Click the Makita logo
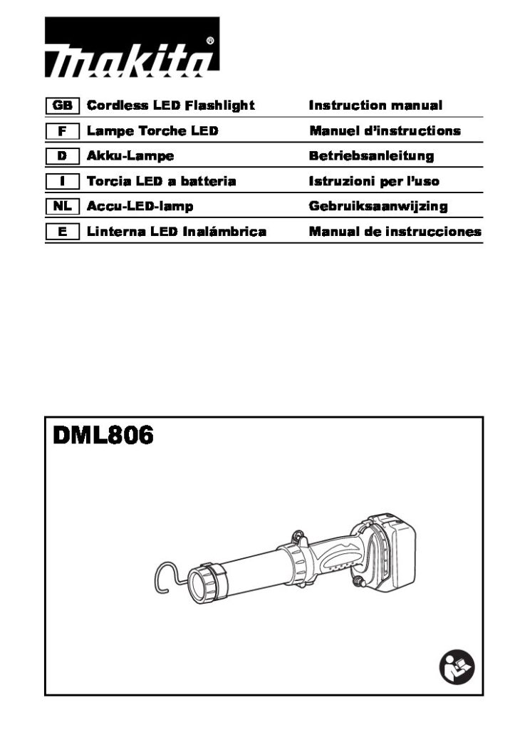pos(132,47)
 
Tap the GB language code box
pos(63,106)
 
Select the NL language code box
pos(63,206)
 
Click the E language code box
pos(63,232)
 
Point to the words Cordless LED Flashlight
pos(171,106)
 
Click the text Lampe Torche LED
pos(152,131)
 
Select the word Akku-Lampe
pos(130,156)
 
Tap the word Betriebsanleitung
pos(371,156)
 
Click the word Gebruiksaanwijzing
pos(378,206)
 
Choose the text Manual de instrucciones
pos(395,232)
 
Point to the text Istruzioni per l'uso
pos(374,181)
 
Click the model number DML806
pos(103,436)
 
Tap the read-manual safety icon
pos(457,667)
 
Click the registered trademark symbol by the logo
pos(210,41)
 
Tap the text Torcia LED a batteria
pos(162,181)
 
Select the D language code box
pos(63,156)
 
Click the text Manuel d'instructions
pos(385,131)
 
